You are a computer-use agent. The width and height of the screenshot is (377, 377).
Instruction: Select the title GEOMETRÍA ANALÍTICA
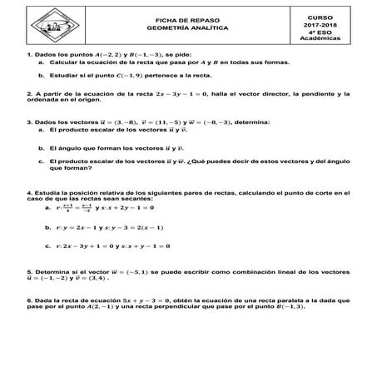(187, 27)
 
